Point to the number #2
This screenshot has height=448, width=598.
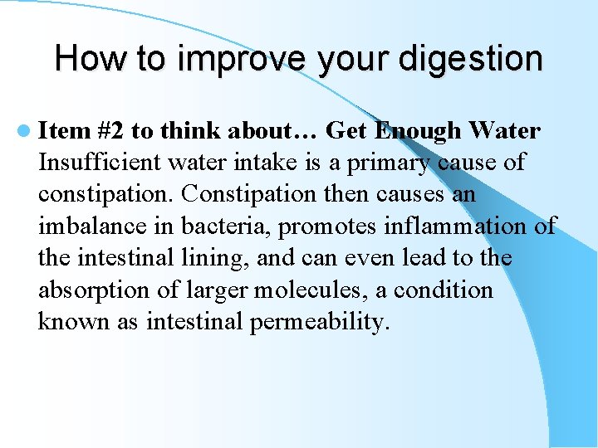coord(113,131)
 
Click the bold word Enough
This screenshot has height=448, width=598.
coord(418,131)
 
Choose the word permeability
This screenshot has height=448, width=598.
coord(319,323)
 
